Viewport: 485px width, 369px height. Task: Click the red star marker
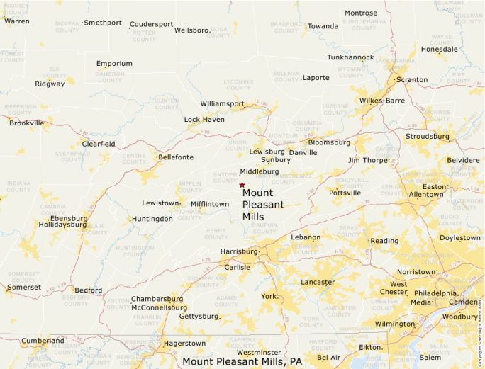(242, 185)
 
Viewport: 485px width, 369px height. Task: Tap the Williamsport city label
(222, 103)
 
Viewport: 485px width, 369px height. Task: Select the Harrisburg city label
(239, 251)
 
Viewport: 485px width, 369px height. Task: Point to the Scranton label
(412, 79)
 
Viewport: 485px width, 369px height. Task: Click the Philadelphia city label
(435, 293)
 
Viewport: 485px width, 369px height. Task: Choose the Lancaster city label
(318, 282)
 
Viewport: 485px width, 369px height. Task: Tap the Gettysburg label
(198, 316)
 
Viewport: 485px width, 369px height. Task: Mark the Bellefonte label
(176, 157)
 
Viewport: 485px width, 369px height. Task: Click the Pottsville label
(345, 193)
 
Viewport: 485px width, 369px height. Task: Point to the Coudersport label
(151, 24)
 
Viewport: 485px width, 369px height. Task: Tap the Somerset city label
(23, 287)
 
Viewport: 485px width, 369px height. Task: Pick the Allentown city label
(426, 194)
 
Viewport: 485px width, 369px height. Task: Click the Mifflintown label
(210, 204)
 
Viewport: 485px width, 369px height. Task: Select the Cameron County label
(110, 76)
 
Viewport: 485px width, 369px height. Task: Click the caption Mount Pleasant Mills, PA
(242, 361)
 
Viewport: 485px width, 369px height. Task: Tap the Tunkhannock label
(350, 57)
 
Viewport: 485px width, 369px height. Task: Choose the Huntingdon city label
(152, 219)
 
